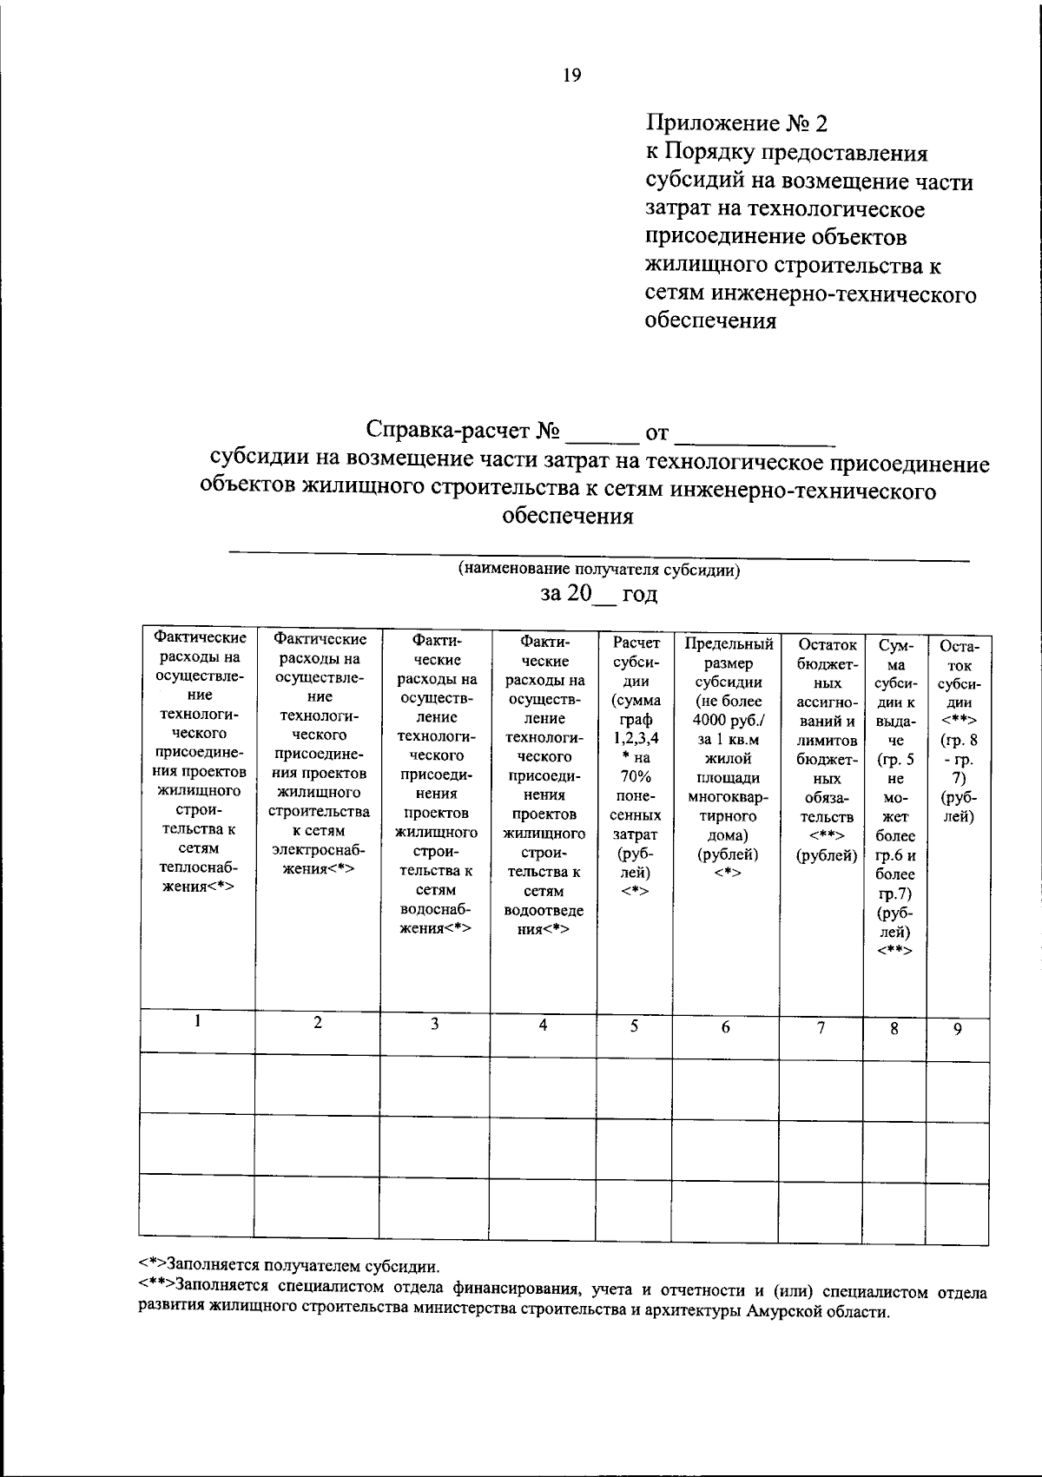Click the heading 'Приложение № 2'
pos(736,124)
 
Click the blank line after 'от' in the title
pos(754,432)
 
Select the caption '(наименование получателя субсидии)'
pos(598,570)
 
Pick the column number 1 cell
pos(198,1022)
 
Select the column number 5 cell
pos(635,1025)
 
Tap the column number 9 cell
pos(958,1029)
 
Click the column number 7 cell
pos(821,1027)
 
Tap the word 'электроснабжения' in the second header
pos(318,860)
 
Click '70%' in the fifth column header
pos(636,777)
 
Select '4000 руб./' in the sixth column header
pos(729,720)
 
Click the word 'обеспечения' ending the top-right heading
pos(710,321)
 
